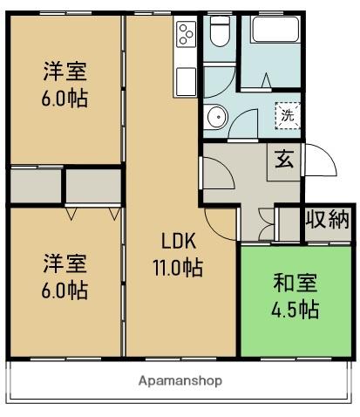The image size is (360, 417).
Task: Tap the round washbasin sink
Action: coord(214,118)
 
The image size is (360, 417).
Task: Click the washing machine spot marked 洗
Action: coord(286,113)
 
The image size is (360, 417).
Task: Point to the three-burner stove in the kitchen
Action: coord(187,36)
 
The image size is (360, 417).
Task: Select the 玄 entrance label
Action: coord(284,161)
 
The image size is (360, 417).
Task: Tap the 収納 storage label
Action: coord(327,219)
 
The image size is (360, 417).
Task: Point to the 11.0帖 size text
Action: coord(179,269)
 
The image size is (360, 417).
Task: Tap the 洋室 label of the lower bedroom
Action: coord(65,263)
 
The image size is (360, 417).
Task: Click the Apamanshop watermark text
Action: coord(180,380)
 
